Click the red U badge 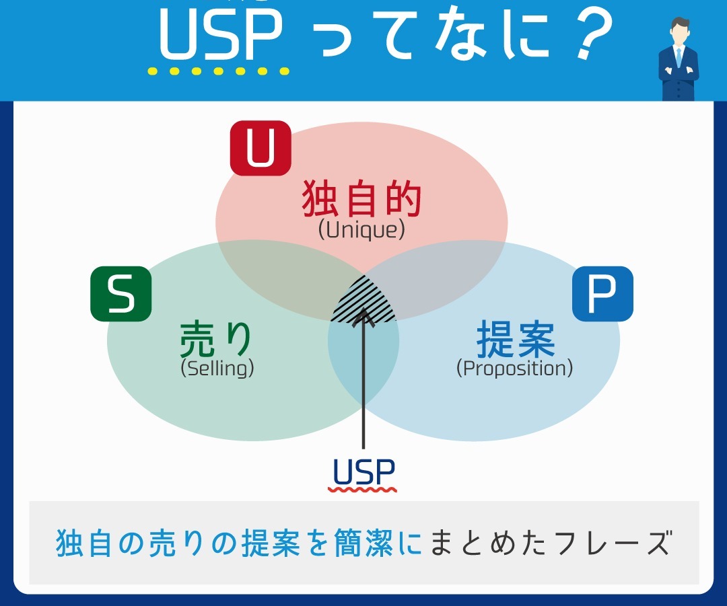(x=261, y=148)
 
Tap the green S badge (x=121, y=294)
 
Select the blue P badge (x=602, y=294)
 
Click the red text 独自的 (x=361, y=199)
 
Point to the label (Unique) (x=361, y=230)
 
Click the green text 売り (x=216, y=339)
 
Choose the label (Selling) (x=217, y=369)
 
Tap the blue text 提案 (x=516, y=339)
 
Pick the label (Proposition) (x=515, y=369)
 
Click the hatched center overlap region (x=364, y=300)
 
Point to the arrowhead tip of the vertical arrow (x=363, y=308)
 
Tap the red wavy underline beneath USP (x=363, y=489)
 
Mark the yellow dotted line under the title (x=218, y=71)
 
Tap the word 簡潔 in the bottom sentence (x=363, y=543)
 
